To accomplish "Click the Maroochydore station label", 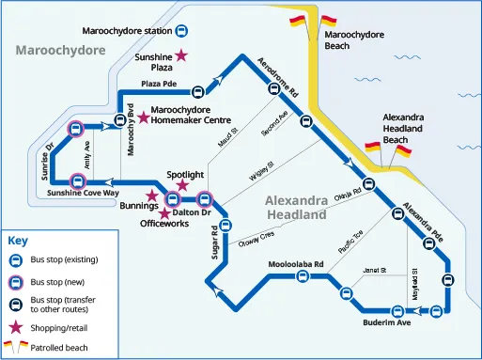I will click(128, 32).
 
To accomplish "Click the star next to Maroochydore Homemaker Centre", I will click(143, 117).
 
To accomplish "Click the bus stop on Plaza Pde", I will click(198, 92).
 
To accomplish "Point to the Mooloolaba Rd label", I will click(295, 264).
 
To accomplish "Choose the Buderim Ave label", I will click(387, 322).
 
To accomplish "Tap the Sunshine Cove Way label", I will click(84, 193).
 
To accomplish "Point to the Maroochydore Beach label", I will click(354, 39).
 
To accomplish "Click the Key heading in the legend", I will click(18, 240).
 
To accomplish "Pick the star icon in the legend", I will click(15, 328).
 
